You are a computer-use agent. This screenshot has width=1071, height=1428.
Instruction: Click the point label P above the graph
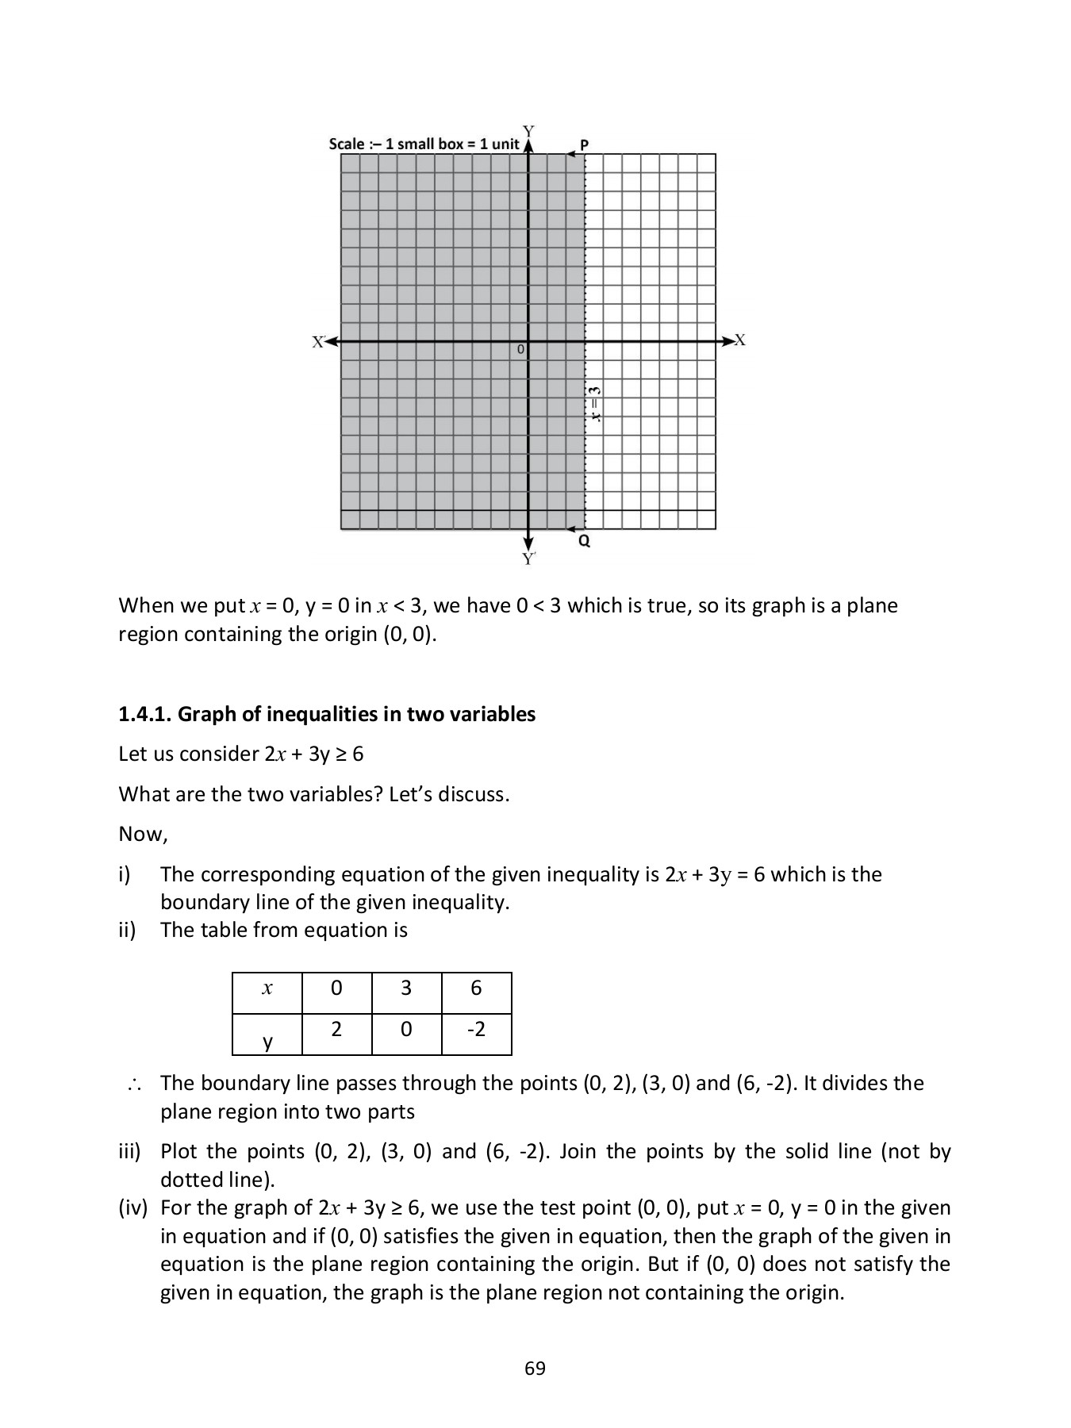coord(585,145)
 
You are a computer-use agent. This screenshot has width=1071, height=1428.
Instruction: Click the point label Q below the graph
coord(584,542)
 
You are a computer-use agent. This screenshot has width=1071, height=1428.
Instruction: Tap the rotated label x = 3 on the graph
coord(594,404)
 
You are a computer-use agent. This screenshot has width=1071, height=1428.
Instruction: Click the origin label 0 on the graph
coord(521,349)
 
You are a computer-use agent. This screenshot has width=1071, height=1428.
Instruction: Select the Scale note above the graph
coord(424,144)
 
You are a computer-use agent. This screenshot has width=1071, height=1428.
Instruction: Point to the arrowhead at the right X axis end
coord(727,341)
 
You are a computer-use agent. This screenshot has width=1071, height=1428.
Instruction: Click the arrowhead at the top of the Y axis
coord(528,146)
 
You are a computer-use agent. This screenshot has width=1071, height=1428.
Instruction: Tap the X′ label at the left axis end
coord(318,342)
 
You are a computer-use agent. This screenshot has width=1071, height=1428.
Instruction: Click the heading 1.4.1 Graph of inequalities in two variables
coord(327,714)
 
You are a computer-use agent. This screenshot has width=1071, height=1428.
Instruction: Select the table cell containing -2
coord(476,1030)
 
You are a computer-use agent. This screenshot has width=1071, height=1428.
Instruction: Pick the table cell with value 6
coord(476,988)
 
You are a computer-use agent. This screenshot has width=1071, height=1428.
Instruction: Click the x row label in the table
coord(267,988)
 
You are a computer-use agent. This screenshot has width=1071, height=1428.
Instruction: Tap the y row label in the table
coord(267,1042)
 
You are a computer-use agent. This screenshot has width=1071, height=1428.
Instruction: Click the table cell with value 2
coord(336,1030)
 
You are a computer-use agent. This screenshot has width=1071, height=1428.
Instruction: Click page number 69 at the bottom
coord(535,1368)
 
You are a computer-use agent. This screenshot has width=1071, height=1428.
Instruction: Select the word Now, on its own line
coord(143,834)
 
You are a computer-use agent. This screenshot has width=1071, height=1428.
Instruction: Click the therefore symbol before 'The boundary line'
coord(132,1084)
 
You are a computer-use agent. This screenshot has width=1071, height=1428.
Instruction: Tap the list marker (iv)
coord(133,1207)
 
